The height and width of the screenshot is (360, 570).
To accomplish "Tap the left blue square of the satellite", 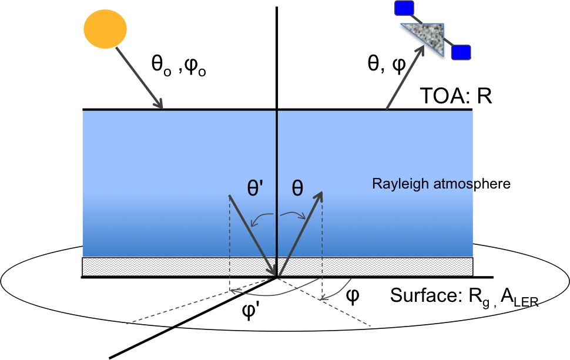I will point(404,8).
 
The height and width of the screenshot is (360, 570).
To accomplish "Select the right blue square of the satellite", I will point(462,52).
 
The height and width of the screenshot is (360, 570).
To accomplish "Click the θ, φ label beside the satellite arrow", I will point(386,64).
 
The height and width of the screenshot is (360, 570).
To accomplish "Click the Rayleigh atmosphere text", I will point(441,184).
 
